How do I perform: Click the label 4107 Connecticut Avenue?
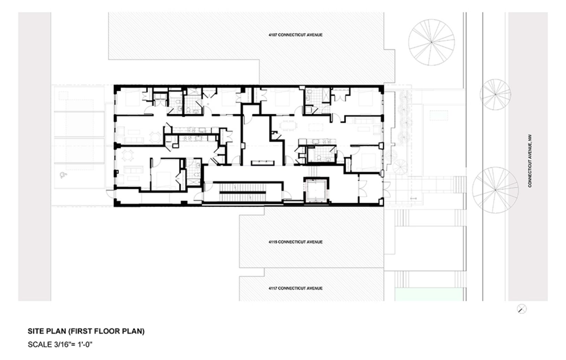pos(295,35)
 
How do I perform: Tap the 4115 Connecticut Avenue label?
pos(295,242)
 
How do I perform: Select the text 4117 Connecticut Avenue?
pos(295,288)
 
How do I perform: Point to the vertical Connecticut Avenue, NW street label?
pos(530,161)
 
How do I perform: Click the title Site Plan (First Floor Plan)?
pos(86,331)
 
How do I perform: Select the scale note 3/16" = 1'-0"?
pos(60,345)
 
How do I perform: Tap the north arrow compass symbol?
pos(522,309)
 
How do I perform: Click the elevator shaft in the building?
pos(316,190)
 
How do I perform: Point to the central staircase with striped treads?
pos(243,192)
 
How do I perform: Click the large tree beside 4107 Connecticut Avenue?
pos(432,42)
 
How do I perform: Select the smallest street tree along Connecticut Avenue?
pos(495,95)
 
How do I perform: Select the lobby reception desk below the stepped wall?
pos(263,163)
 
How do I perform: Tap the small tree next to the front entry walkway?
pos(400,167)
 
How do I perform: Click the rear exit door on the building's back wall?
pos(111,193)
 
